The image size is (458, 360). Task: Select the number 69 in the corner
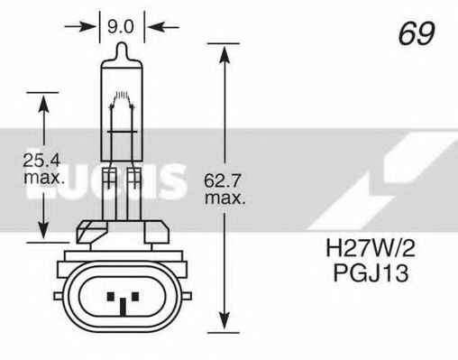(416, 33)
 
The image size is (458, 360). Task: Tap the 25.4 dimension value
(42, 162)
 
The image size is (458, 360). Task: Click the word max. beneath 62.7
(225, 197)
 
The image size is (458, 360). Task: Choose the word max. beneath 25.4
(42, 180)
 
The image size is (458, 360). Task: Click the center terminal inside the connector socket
(119, 299)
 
